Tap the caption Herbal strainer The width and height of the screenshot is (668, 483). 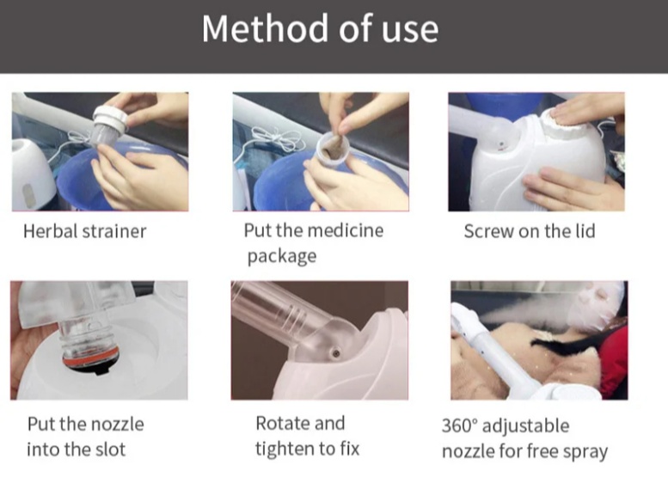click(85, 231)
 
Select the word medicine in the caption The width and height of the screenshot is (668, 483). click(344, 230)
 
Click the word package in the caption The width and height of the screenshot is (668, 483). click(282, 257)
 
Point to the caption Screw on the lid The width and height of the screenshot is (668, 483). click(529, 231)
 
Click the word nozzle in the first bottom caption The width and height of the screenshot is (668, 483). click(118, 425)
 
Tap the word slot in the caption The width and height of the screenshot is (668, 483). click(110, 449)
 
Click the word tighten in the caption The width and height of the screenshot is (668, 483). click(285, 449)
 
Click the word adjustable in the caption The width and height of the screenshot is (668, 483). click(525, 426)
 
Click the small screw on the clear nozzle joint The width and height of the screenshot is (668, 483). click(335, 353)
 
